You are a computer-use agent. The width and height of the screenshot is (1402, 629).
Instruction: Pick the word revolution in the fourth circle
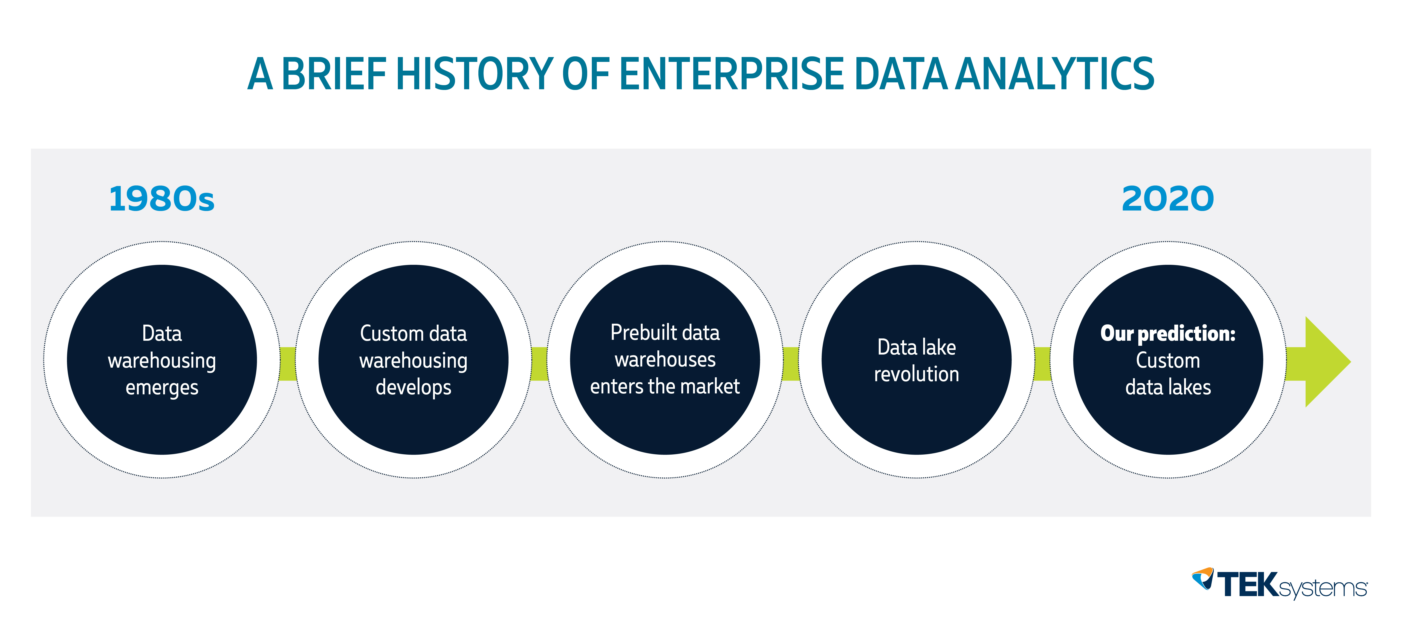[916, 374]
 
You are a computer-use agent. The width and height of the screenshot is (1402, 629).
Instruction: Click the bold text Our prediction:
[1168, 334]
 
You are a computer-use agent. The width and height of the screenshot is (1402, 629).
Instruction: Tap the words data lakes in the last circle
[1168, 387]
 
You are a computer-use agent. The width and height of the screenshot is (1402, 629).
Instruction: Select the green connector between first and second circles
[287, 364]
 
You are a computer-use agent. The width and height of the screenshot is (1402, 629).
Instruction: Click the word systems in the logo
[1323, 589]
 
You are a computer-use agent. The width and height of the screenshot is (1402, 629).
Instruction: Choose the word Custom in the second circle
[383, 334]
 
